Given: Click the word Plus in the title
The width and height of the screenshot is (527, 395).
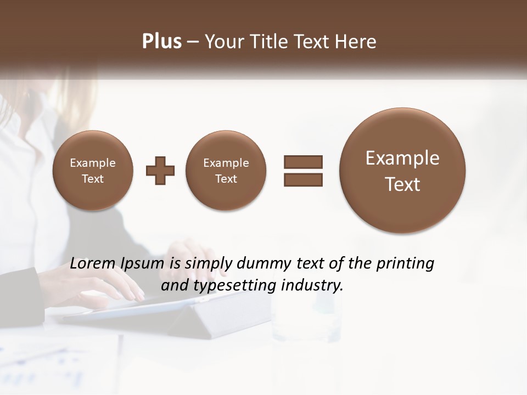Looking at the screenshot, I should point(161,42).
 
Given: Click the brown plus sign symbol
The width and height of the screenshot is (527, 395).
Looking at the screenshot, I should point(160,171).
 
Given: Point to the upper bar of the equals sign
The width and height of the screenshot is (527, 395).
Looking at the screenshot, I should point(303,162).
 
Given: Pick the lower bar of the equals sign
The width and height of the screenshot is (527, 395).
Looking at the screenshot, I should point(303,180).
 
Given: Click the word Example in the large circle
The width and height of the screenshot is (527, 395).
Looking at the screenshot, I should point(402,158).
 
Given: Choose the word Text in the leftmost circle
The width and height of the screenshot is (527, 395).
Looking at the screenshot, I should point(93,179).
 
